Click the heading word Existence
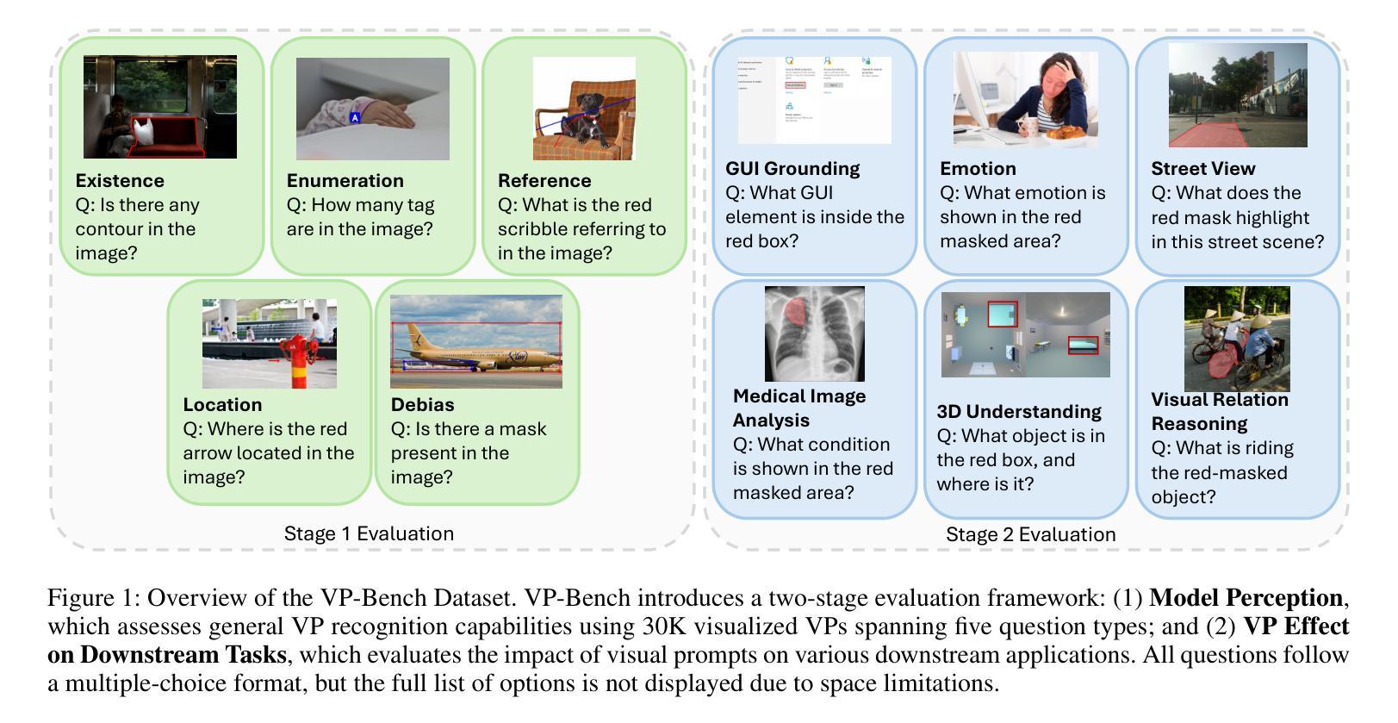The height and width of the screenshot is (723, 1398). (x=119, y=180)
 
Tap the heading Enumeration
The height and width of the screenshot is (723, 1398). (x=345, y=180)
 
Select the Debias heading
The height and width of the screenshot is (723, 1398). (x=422, y=404)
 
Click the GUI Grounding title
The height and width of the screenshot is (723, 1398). (x=792, y=168)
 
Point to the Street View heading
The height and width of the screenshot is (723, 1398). (x=1202, y=168)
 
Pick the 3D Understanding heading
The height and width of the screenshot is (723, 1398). (x=1018, y=411)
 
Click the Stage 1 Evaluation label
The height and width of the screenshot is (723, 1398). (x=369, y=533)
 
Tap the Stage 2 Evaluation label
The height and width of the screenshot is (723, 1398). (x=1030, y=534)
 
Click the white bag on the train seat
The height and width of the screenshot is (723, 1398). (x=144, y=132)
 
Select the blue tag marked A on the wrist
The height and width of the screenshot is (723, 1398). (x=355, y=117)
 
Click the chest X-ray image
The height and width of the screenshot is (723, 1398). (x=814, y=333)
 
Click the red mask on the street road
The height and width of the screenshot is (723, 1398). (x=1206, y=134)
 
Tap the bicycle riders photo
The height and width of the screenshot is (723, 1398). (x=1236, y=339)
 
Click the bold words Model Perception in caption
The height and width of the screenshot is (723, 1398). (x=1246, y=597)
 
